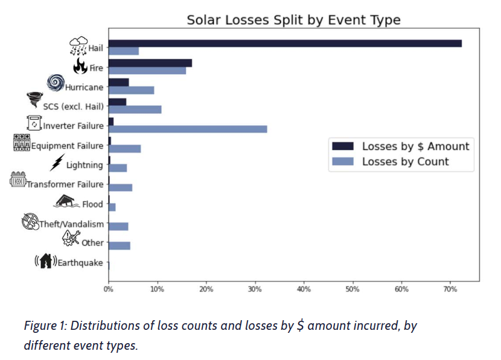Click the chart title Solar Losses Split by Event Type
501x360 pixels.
coord(293,20)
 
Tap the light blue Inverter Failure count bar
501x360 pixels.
coord(188,128)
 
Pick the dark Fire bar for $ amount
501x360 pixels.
coord(150,63)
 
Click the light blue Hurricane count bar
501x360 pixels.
coord(132,90)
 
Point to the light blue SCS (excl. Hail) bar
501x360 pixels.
coord(135,109)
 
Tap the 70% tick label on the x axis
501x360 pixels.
coord(450,290)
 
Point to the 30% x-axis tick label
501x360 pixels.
coord(255,290)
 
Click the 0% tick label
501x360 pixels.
coord(109,290)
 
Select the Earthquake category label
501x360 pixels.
coord(80,262)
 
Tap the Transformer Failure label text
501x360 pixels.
coord(65,184)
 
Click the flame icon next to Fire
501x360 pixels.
coord(80,65)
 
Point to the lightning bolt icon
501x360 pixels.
coord(57,162)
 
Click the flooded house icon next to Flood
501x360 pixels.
coord(67,201)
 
